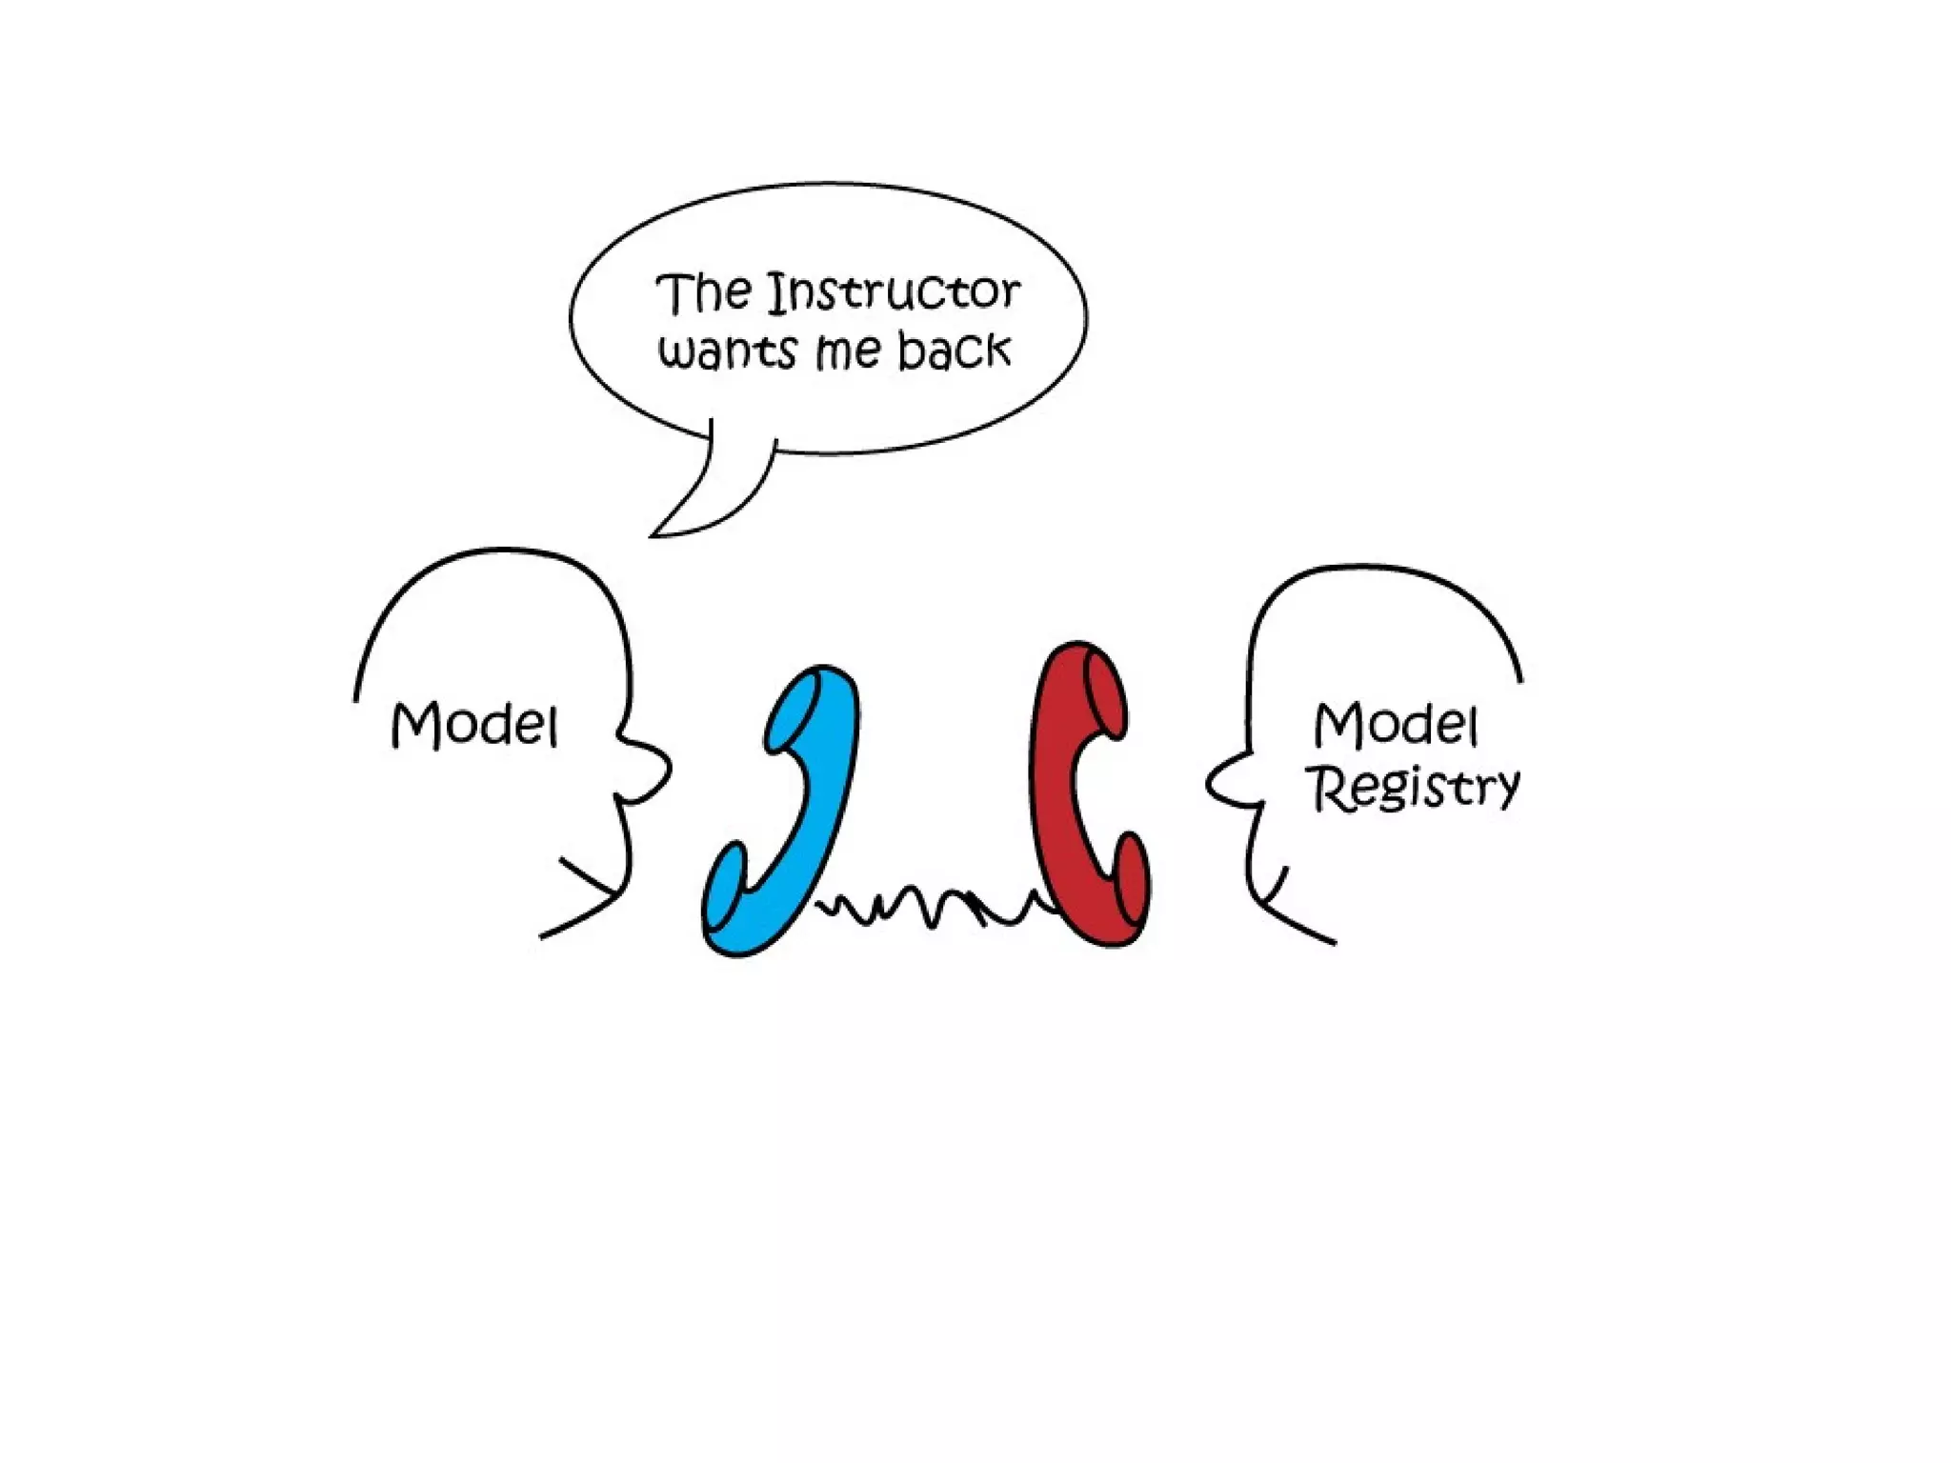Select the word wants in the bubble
pos(727,351)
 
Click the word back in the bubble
pos(953,350)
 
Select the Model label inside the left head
pos(473,725)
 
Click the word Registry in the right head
pos(1415,788)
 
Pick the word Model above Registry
pos(1396,725)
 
